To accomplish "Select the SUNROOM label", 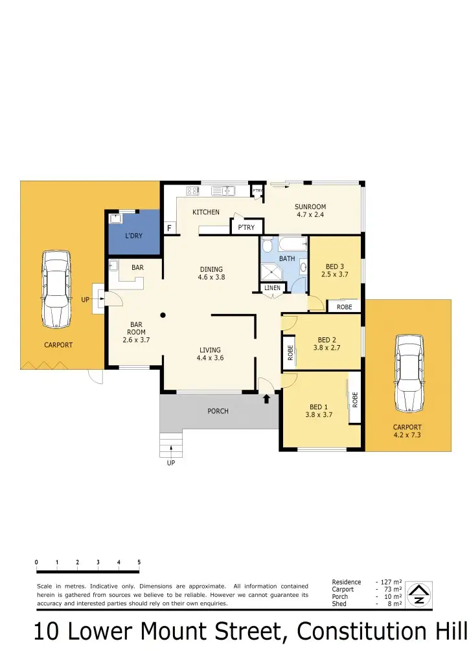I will tap(310, 207).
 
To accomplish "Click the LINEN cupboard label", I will tap(272, 287).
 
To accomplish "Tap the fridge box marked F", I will tap(170, 228).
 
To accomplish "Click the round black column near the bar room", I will tap(163, 315).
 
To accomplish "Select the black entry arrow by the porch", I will tap(266, 399).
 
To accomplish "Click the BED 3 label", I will tap(334, 265).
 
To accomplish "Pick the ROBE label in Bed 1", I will tap(355, 399).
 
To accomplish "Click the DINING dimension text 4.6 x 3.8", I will tap(211, 277).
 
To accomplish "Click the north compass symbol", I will tap(419, 594).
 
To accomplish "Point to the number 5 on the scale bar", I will tap(139, 562).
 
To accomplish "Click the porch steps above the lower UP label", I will tap(170, 444).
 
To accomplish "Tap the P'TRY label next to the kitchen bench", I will tap(246, 227).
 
